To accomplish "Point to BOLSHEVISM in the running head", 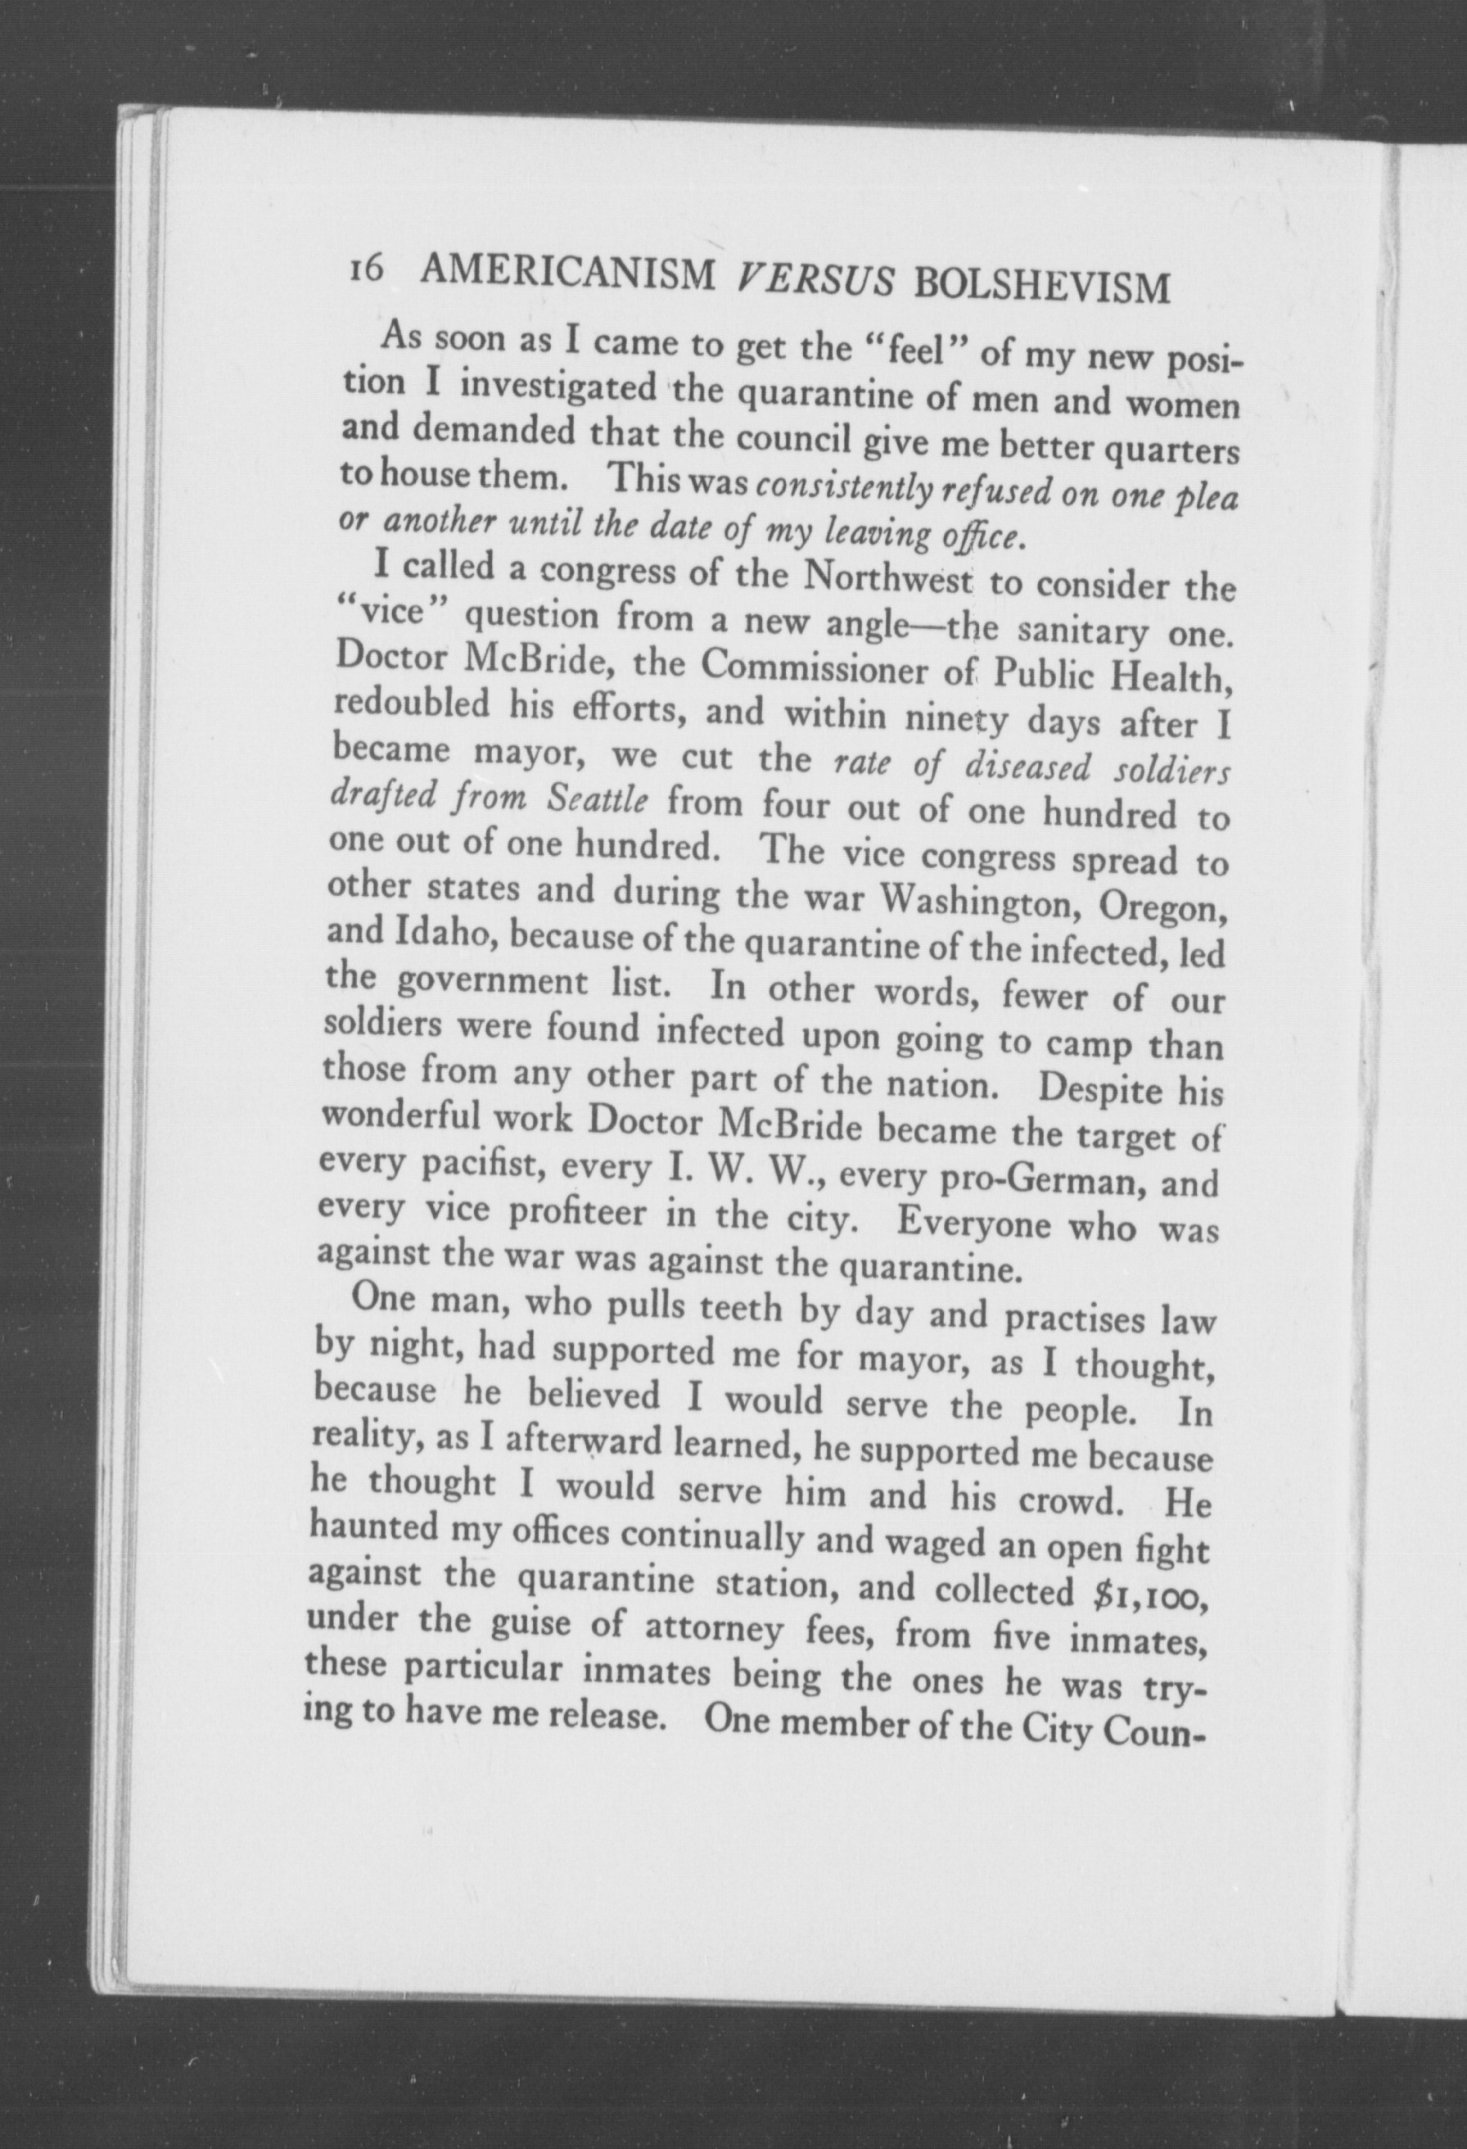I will [1042, 287].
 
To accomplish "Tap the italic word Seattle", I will [596, 801].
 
